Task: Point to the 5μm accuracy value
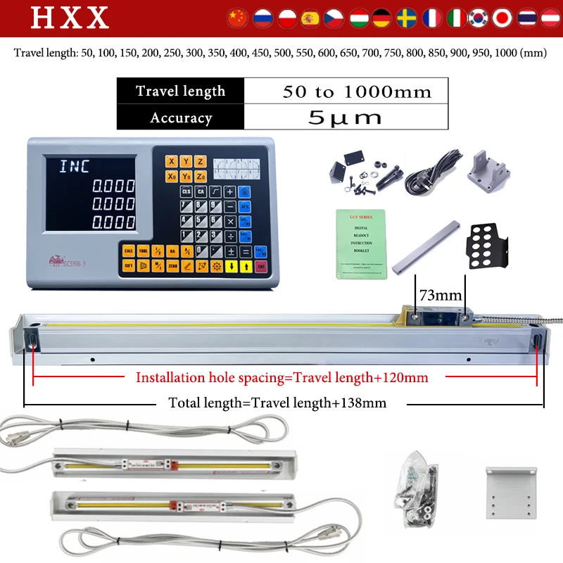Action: pyautogui.click(x=345, y=118)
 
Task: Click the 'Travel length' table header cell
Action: pyautogui.click(x=181, y=91)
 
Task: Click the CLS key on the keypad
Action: pyautogui.click(x=186, y=191)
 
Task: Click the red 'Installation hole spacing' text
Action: pyautogui.click(x=281, y=377)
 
